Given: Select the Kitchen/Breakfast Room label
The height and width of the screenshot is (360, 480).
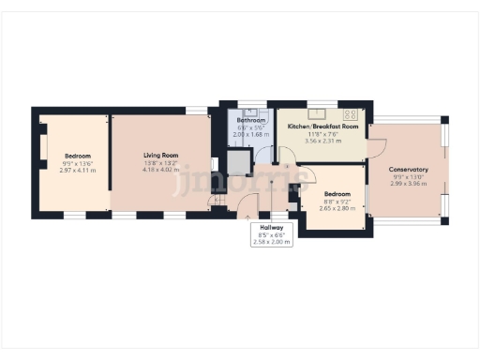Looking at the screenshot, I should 322,126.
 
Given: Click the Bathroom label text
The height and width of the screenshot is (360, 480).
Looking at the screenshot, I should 250,121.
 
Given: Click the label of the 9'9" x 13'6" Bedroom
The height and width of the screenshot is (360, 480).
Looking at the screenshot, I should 77,155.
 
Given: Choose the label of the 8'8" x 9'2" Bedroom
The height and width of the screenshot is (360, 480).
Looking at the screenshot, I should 337,195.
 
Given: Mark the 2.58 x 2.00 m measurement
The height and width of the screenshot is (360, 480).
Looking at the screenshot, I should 271,242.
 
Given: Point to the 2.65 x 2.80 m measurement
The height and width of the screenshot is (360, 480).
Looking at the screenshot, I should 337,210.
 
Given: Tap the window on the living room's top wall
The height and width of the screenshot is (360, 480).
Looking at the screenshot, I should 198,110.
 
